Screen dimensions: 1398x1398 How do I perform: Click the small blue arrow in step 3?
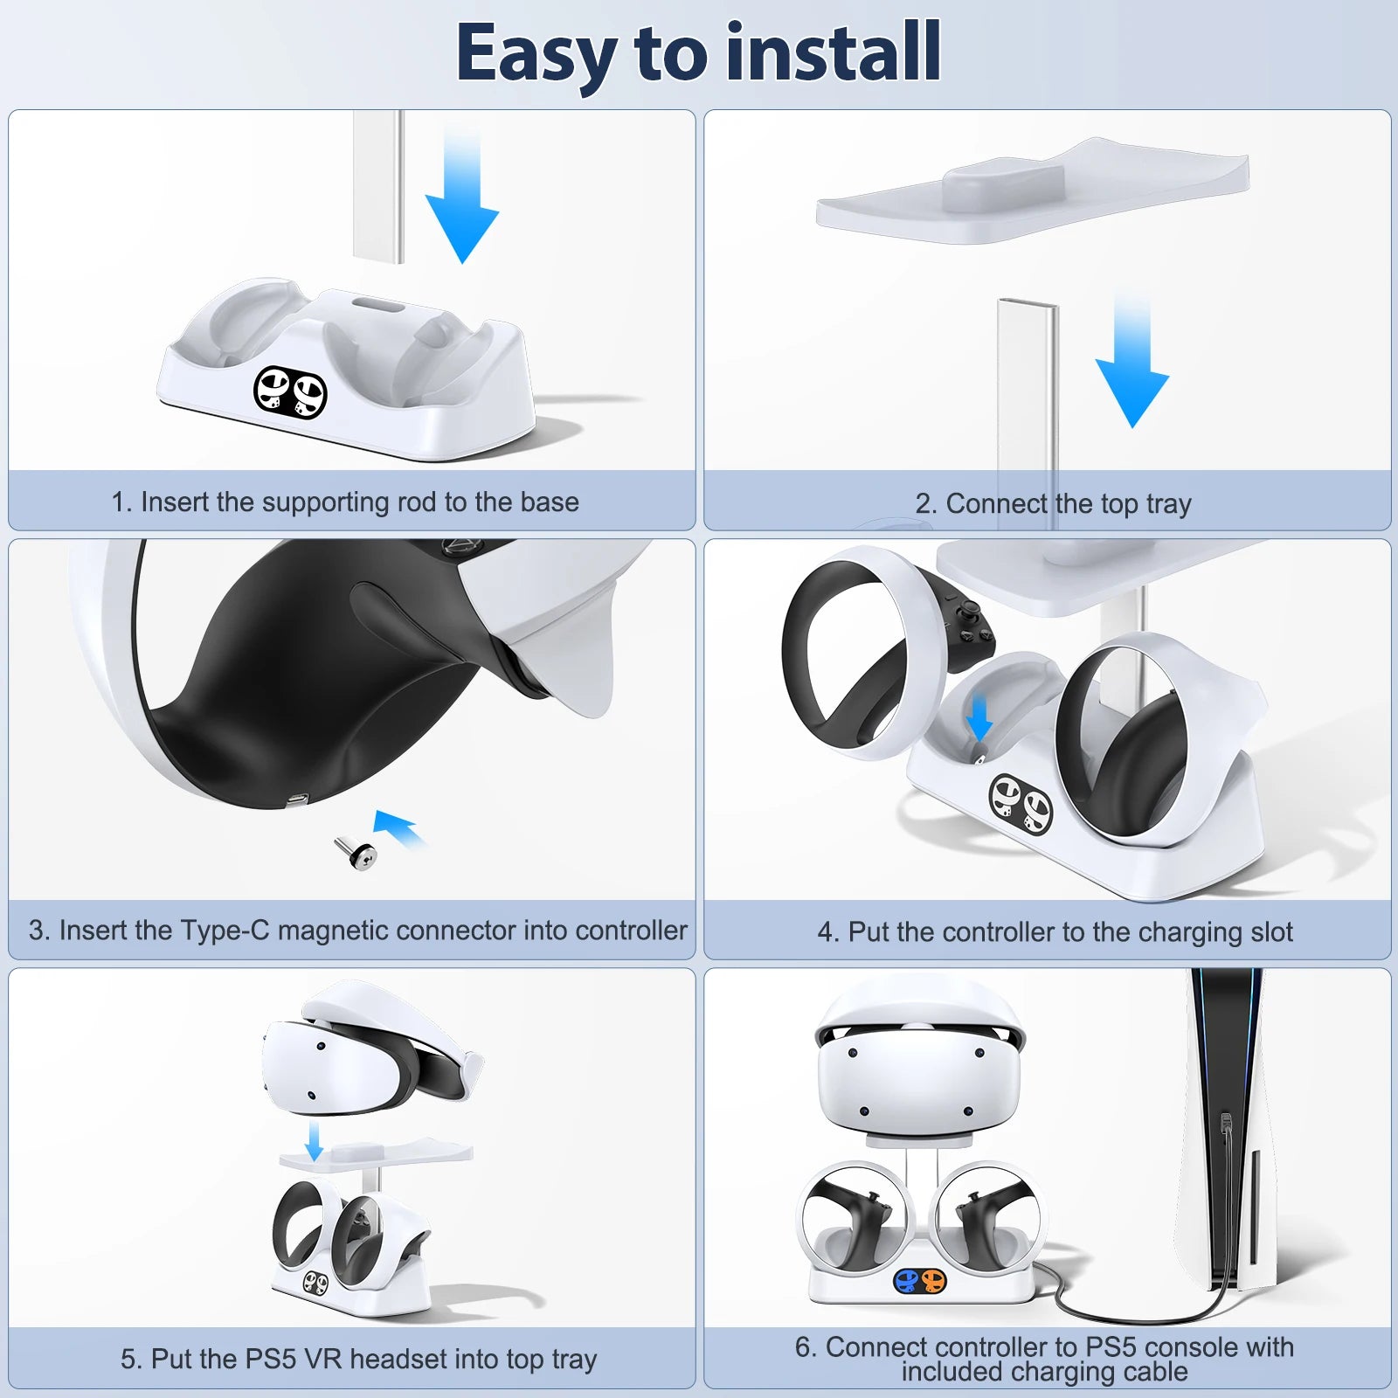tap(398, 827)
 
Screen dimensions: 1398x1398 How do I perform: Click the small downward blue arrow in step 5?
tap(315, 1141)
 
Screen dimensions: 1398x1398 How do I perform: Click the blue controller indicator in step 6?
tap(908, 1282)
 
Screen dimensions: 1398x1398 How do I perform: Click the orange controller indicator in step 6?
tap(932, 1282)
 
